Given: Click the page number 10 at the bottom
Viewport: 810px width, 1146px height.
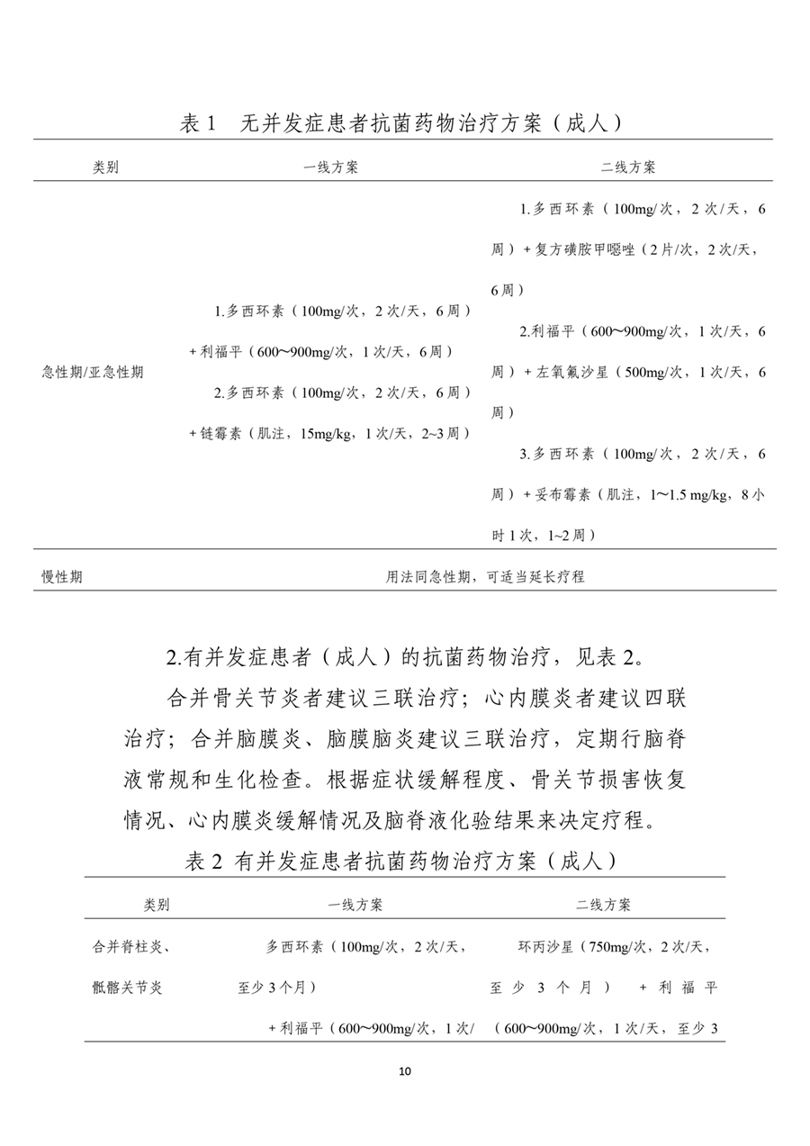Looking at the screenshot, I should [x=404, y=1071].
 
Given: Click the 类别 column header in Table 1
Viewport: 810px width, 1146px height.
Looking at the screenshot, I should [x=105, y=167].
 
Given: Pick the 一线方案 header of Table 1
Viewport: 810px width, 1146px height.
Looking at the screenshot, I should [x=330, y=167].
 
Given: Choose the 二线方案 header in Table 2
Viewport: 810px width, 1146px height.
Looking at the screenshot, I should [x=603, y=905].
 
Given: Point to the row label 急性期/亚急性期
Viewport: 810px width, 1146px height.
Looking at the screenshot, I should [x=93, y=372].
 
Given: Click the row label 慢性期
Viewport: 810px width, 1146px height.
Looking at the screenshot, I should [x=62, y=576].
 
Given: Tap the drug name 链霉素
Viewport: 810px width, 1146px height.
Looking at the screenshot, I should [x=220, y=433].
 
